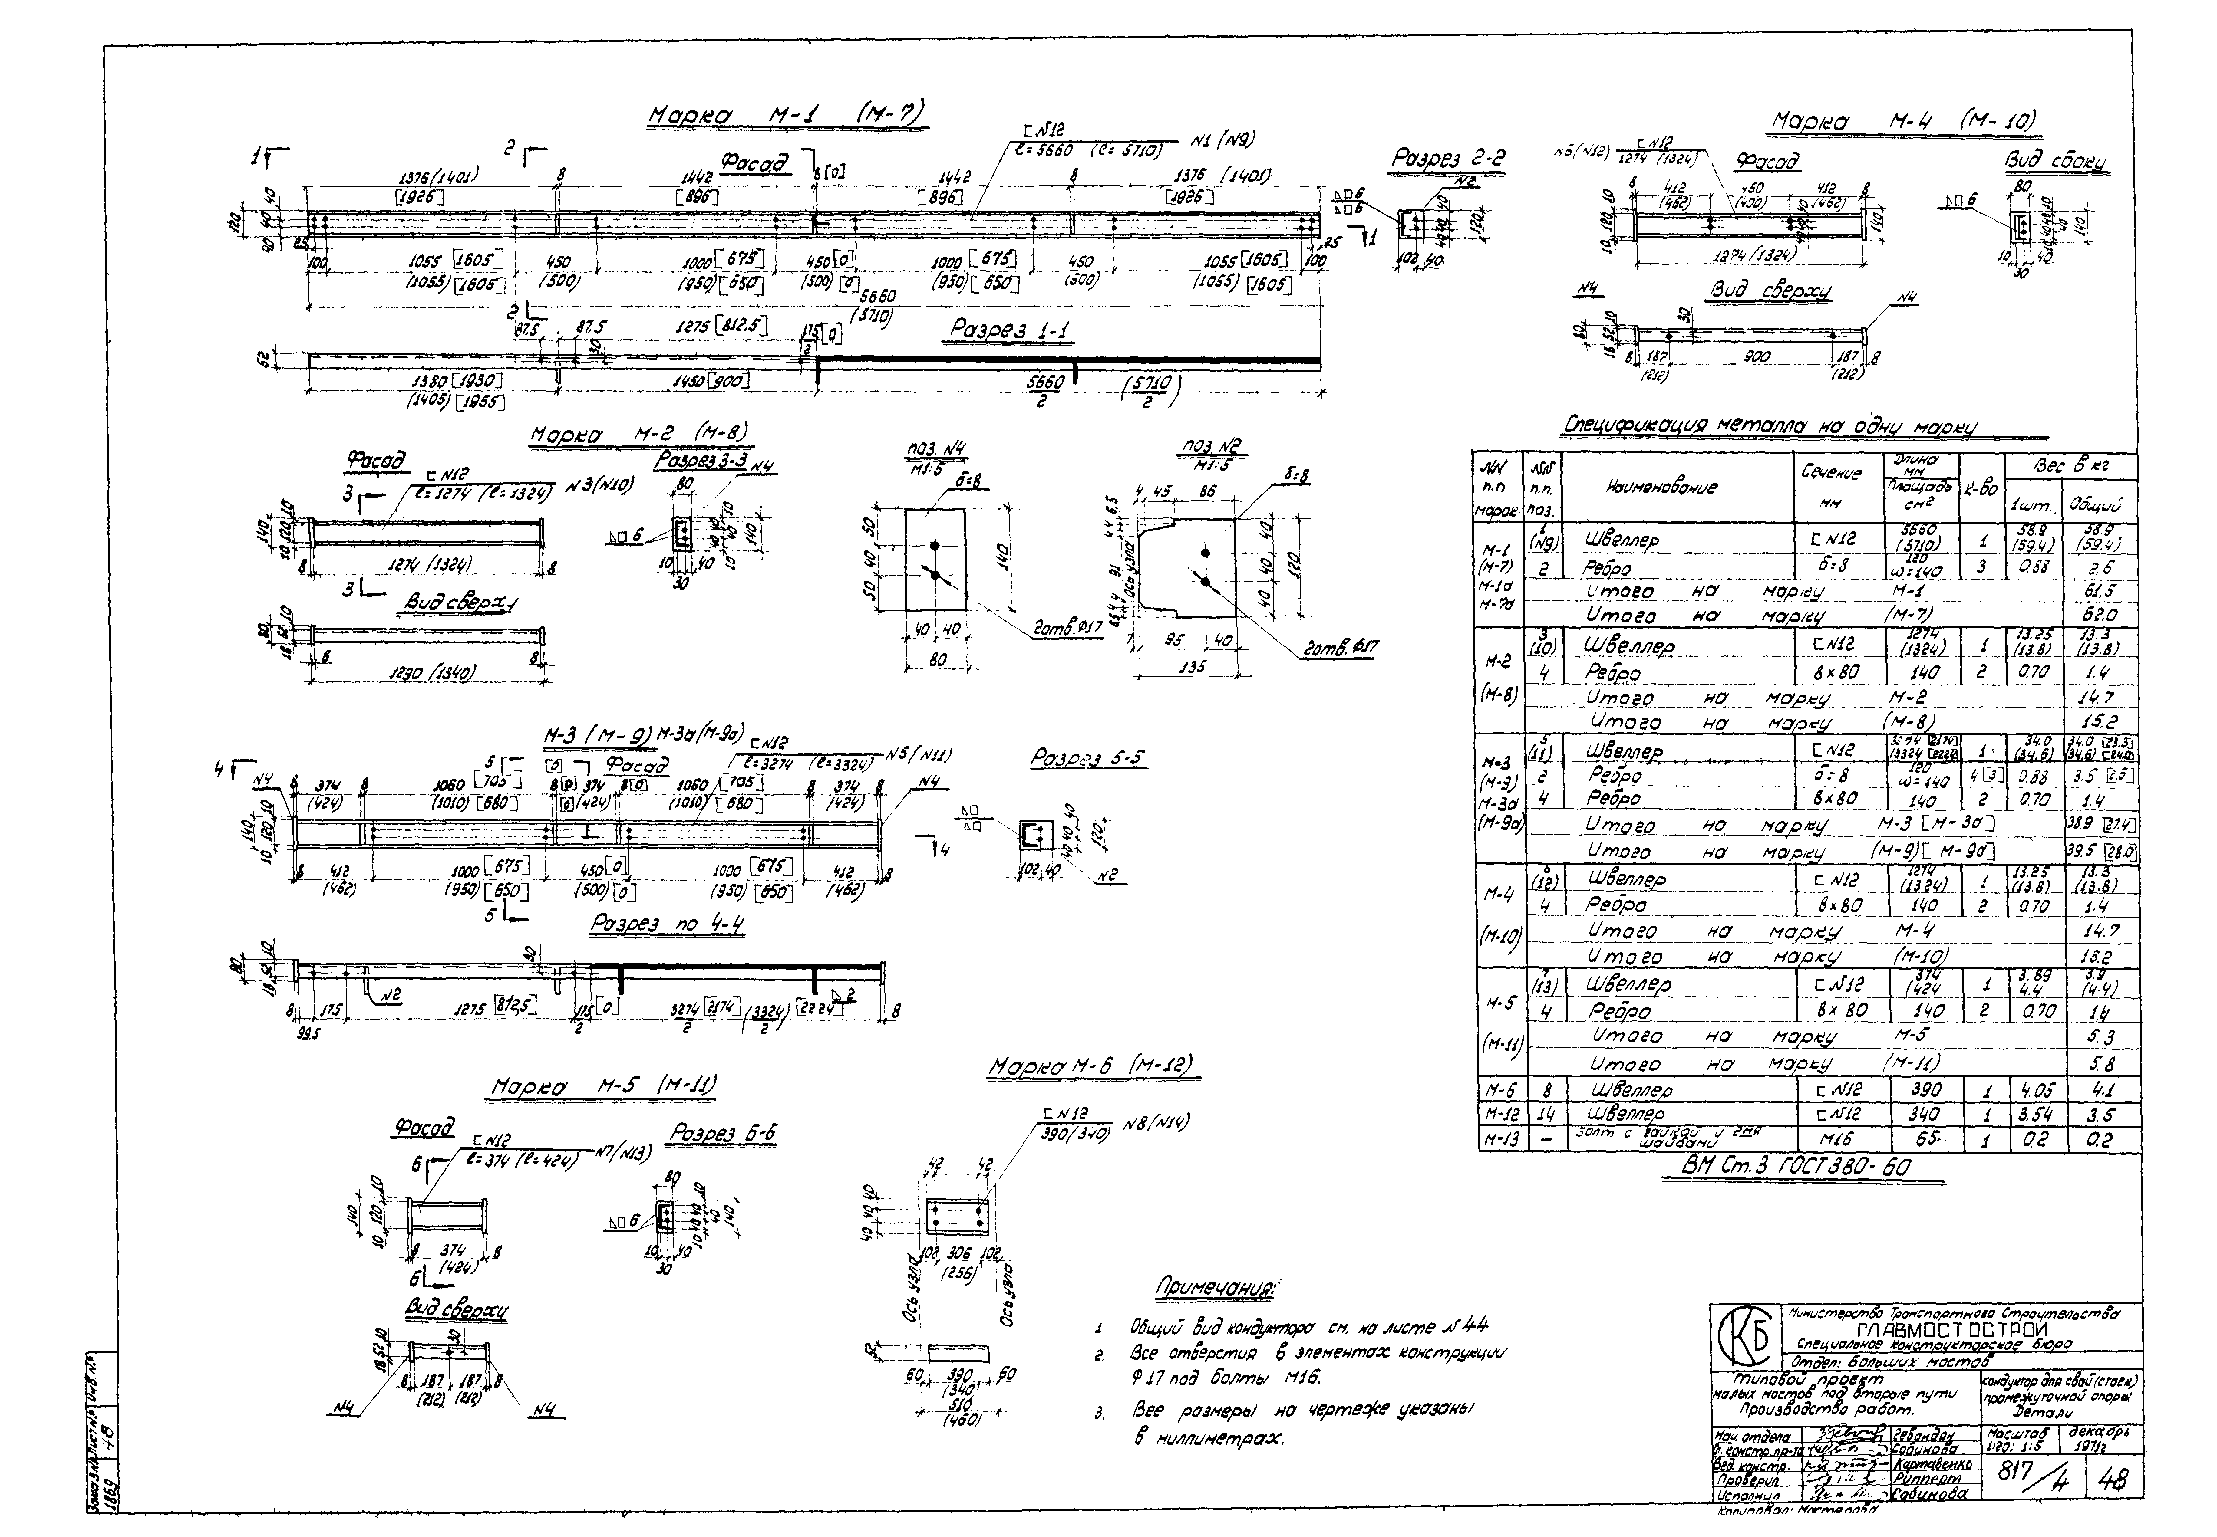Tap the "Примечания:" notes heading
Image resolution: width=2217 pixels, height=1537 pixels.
tap(1216, 1289)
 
